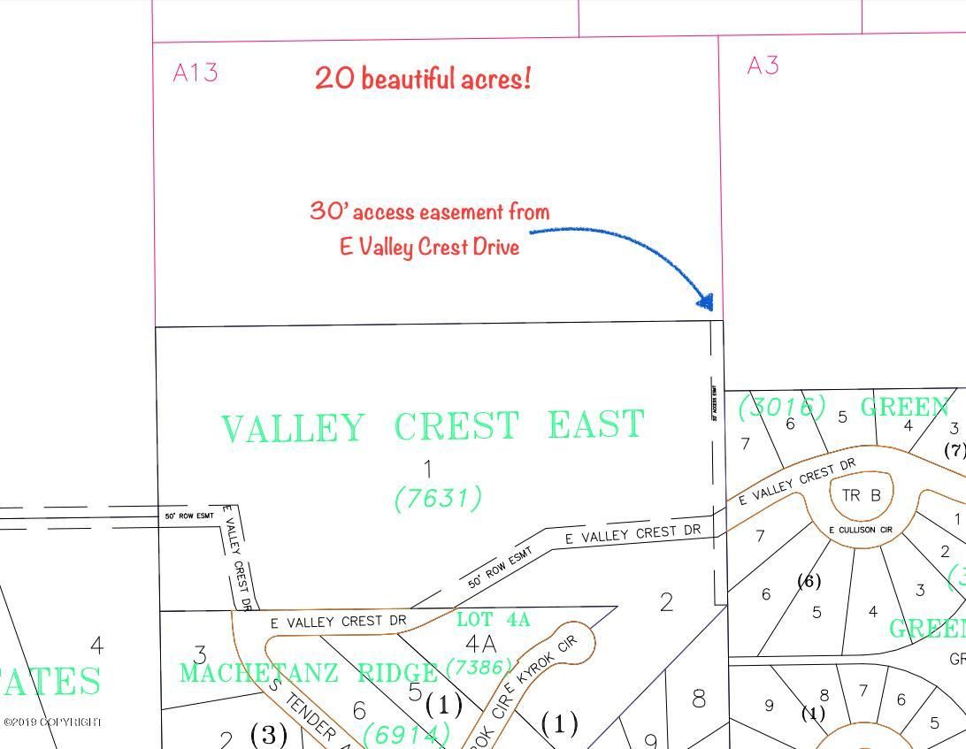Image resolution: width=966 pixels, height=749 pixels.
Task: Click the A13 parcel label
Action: click(195, 73)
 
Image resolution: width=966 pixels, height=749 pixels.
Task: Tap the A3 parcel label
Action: click(763, 65)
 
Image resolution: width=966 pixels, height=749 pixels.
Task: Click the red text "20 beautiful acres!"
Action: click(423, 79)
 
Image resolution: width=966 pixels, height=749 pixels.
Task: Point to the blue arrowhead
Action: click(706, 302)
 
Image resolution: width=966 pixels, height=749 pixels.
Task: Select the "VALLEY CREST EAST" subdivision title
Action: click(433, 426)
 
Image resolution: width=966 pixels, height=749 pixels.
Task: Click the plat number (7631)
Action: click(438, 499)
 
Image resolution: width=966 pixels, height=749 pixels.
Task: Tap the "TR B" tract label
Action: click(861, 495)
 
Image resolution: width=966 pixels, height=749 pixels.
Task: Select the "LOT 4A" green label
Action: click(493, 620)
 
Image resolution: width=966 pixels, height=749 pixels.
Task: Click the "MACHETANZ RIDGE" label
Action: click(309, 673)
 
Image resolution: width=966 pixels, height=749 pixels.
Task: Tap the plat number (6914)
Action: click(406, 733)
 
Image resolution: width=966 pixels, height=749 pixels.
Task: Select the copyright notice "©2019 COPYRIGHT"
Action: click(52, 722)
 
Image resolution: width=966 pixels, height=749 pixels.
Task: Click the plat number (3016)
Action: click(782, 408)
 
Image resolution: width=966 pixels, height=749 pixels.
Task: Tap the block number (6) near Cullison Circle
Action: click(809, 581)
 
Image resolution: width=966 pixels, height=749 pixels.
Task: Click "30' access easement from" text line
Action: click(429, 211)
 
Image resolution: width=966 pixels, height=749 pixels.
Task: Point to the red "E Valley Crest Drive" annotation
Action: click(429, 246)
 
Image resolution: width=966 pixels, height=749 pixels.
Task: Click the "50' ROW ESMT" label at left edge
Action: click(188, 516)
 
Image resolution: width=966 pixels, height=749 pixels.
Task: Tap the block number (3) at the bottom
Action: click(268, 735)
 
